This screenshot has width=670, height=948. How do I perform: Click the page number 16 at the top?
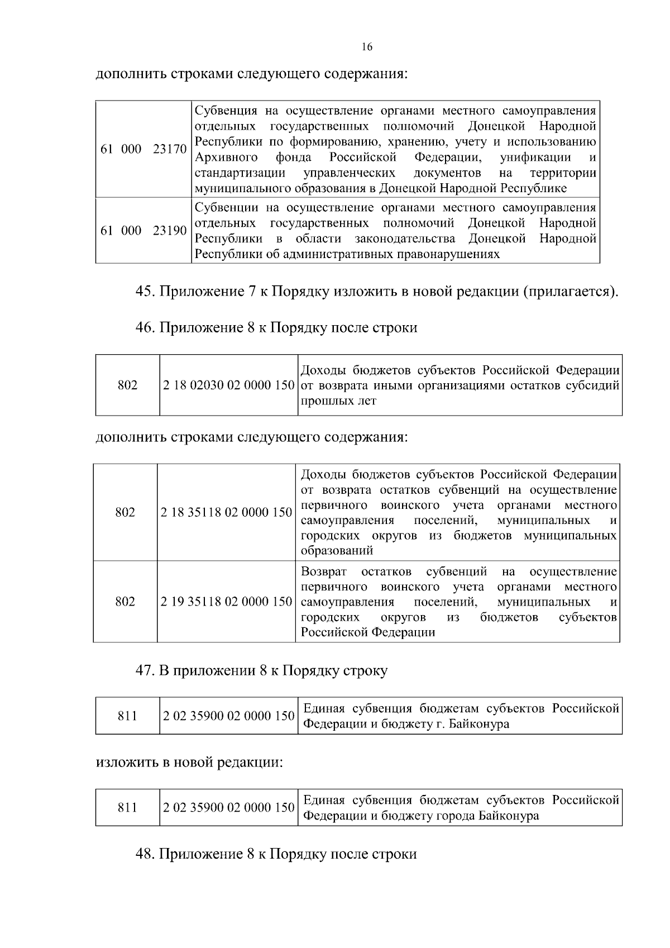(x=367, y=47)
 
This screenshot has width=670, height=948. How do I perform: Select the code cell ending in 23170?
(x=143, y=149)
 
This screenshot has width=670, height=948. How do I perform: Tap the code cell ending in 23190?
(x=143, y=231)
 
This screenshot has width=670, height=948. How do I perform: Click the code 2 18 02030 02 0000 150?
(x=228, y=385)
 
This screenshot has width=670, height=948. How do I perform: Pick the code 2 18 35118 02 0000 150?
(x=226, y=512)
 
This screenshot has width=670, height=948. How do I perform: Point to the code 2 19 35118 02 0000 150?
(x=226, y=602)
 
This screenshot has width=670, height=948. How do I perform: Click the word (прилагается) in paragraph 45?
(x=570, y=292)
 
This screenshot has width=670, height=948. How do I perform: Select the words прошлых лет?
(x=338, y=401)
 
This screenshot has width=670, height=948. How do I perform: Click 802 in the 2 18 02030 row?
(x=128, y=385)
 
